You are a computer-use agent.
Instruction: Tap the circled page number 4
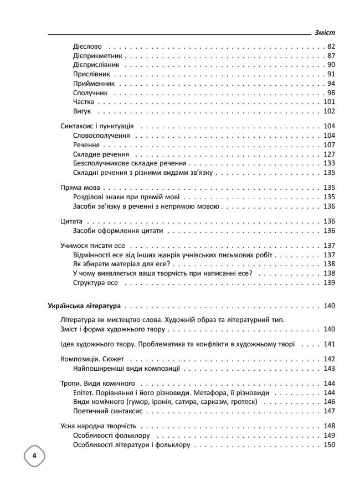coord(34,456)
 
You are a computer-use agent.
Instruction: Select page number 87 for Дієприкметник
coord(332,56)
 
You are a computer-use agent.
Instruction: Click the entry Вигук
coord(82,111)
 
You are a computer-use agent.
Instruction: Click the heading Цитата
coord(71,221)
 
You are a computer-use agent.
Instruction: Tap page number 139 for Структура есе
coord(330,282)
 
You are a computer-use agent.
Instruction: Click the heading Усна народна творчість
coord(99,426)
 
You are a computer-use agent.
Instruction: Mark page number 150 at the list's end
coord(330,444)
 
